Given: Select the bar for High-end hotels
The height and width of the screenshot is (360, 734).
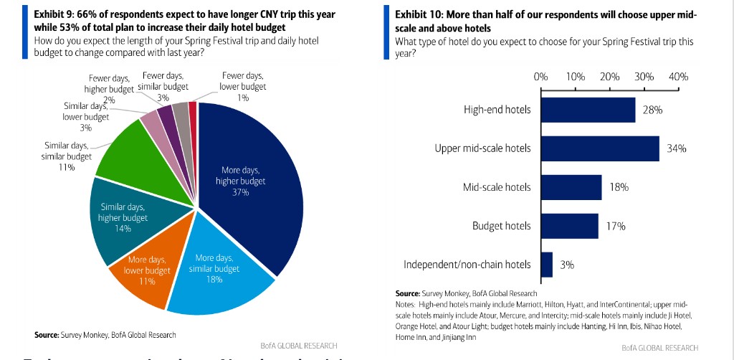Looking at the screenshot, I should click(588, 110).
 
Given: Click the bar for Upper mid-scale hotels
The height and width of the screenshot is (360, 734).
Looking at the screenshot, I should click(600, 148).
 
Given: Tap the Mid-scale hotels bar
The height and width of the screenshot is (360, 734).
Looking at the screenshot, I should click(571, 187).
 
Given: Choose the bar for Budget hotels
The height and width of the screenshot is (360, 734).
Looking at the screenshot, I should click(570, 226).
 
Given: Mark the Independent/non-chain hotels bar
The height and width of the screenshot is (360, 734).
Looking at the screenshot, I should click(547, 265).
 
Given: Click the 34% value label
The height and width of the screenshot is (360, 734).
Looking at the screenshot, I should click(677, 149).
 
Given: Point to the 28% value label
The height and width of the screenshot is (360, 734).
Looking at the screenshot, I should click(652, 110).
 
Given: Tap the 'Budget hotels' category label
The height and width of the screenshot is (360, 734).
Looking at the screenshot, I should click(502, 226).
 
